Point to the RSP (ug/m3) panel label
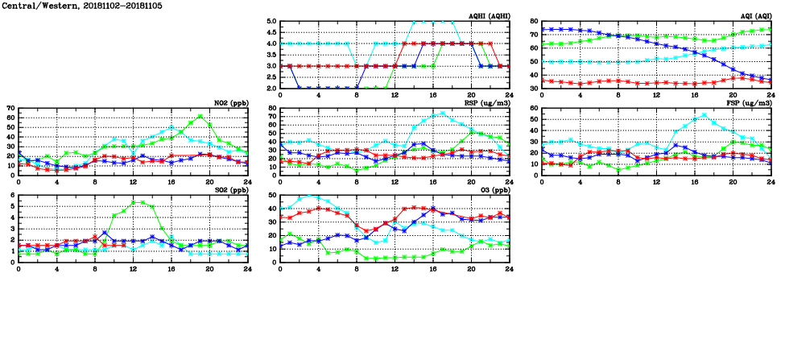(x=488, y=102)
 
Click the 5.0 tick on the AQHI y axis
(x=271, y=22)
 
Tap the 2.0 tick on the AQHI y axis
(x=271, y=88)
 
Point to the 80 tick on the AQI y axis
(x=533, y=22)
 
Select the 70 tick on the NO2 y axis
(x=10, y=108)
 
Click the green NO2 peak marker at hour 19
(x=200, y=116)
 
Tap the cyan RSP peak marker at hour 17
(x=441, y=114)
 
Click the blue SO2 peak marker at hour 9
(x=105, y=233)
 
